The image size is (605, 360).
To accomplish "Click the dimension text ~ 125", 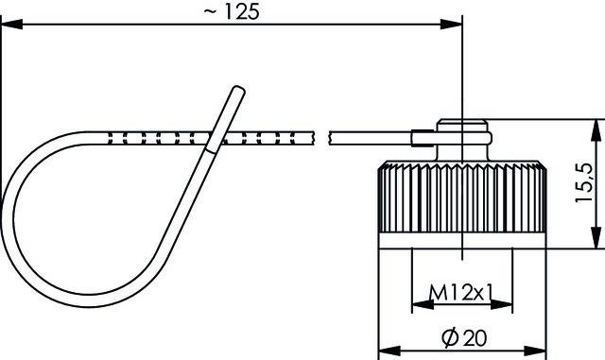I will [237, 11].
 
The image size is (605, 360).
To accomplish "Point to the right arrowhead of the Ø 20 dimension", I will [538, 349].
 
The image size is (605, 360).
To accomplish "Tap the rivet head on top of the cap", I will [462, 125].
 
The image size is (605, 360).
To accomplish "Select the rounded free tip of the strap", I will [238, 91].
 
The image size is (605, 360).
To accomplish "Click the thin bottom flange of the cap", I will [461, 241].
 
